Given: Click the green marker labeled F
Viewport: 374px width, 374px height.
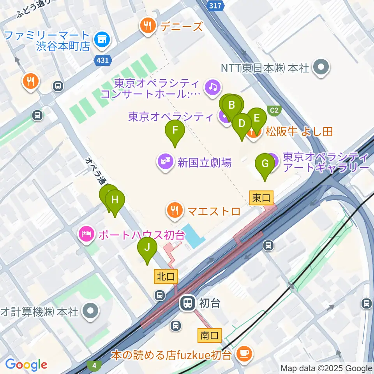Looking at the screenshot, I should pyautogui.click(x=175, y=130).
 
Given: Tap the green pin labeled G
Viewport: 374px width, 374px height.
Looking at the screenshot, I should pyautogui.click(x=265, y=164).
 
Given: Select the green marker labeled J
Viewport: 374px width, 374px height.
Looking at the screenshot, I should pyautogui.click(x=147, y=247).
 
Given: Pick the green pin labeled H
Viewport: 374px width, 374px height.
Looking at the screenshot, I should pyautogui.click(x=115, y=200).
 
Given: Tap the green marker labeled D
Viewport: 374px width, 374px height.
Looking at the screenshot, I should pyautogui.click(x=242, y=124).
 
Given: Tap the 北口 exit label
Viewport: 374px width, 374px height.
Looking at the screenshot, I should pyautogui.click(x=166, y=276).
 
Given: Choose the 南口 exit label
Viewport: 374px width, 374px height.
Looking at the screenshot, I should pyautogui.click(x=210, y=335).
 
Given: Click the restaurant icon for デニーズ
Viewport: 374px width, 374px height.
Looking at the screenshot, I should pyautogui.click(x=148, y=26).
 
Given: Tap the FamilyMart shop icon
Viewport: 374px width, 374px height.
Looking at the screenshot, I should pyautogui.click(x=103, y=39).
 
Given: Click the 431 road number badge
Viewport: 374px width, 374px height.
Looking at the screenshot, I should pyautogui.click(x=103, y=60).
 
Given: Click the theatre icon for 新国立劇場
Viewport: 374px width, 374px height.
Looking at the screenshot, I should pyautogui.click(x=165, y=162).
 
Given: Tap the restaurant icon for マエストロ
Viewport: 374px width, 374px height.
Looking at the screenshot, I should pyautogui.click(x=174, y=210).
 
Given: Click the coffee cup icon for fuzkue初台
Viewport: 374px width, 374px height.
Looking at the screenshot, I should pyautogui.click(x=245, y=354).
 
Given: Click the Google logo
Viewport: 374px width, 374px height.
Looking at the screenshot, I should pyautogui.click(x=26, y=365).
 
